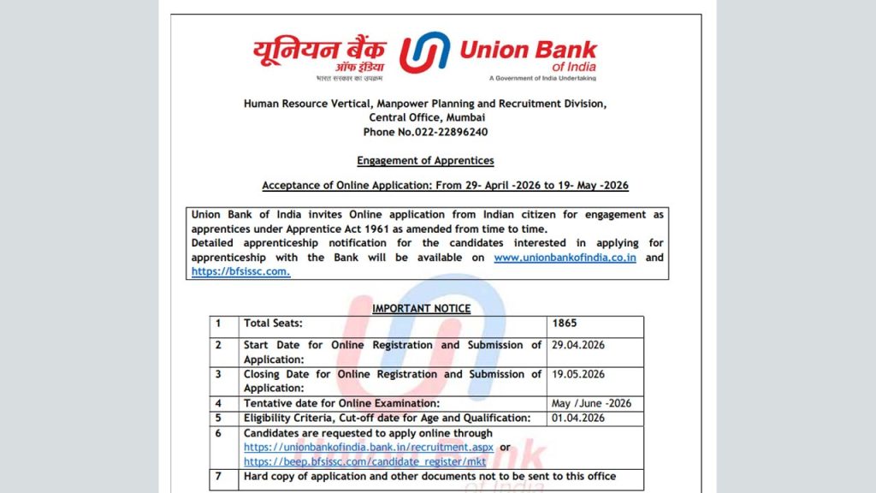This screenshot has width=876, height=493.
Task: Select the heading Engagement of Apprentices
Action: click(425, 160)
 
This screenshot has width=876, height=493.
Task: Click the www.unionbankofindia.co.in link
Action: click(565, 258)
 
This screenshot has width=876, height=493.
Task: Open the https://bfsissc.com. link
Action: click(240, 271)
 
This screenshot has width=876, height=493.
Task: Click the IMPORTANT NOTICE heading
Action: click(421, 308)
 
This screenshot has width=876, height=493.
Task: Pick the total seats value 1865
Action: click(565, 324)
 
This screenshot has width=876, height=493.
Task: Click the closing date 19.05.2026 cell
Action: click(578, 374)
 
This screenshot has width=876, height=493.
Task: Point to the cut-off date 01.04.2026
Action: click(578, 418)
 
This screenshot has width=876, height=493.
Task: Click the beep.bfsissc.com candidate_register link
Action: click(365, 461)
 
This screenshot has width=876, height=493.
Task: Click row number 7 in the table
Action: click(218, 476)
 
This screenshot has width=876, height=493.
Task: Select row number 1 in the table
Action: click(218, 324)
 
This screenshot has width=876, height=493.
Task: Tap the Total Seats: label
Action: click(273, 324)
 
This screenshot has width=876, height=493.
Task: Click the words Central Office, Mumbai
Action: click(426, 117)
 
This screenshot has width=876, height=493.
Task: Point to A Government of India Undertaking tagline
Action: click(542, 78)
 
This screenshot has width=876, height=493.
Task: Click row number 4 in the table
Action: click(218, 403)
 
